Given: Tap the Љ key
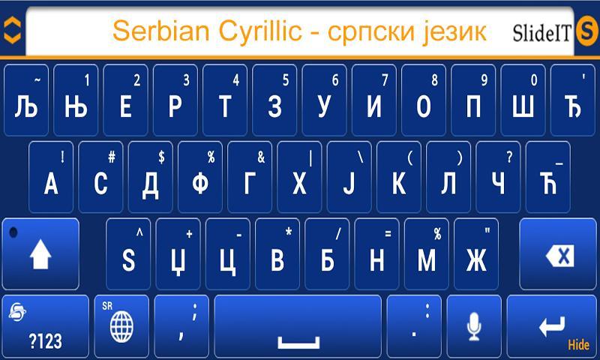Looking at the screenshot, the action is tap(26, 100).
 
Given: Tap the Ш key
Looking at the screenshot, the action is tap(523, 100).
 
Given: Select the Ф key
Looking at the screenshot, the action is tap(200, 177).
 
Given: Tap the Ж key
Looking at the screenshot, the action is tap(476, 254).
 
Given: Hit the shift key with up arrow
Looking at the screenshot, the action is tap(40, 254).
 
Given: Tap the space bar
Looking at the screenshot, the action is tap(298, 326).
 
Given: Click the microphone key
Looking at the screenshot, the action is tap(474, 326).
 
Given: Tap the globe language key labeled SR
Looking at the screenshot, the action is tap(121, 326).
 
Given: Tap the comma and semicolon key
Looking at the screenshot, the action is tap(181, 326).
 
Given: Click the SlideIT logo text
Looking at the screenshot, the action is tap(541, 32).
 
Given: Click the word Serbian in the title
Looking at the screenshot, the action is tap(161, 31).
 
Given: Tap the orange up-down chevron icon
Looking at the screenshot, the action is tap(12, 30).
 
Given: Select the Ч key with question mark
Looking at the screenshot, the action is tap(498, 177).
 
